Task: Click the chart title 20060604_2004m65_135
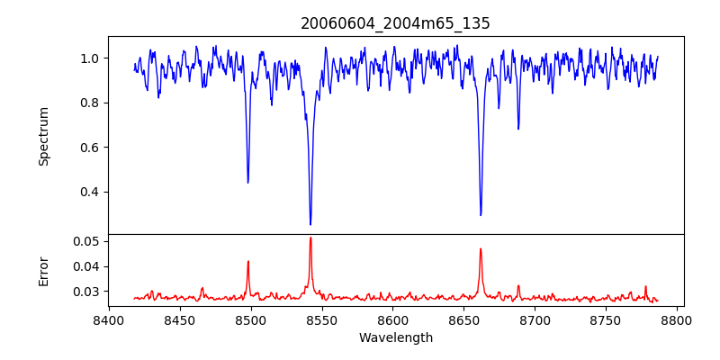pyautogui.click(x=395, y=23)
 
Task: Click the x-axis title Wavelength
pyautogui.click(x=395, y=337)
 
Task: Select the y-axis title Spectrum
pyautogui.click(x=43, y=136)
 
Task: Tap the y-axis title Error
pyautogui.click(x=43, y=270)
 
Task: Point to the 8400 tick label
pyautogui.click(x=109, y=319)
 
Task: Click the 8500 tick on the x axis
pyautogui.click(x=251, y=319)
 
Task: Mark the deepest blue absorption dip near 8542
pyautogui.click(x=310, y=224)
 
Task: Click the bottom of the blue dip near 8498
pyautogui.click(x=247, y=183)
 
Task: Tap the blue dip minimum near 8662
pyautogui.click(x=481, y=215)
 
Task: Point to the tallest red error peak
pyautogui.click(x=310, y=238)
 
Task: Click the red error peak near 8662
pyautogui.click(x=481, y=249)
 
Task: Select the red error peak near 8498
pyautogui.click(x=247, y=262)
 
